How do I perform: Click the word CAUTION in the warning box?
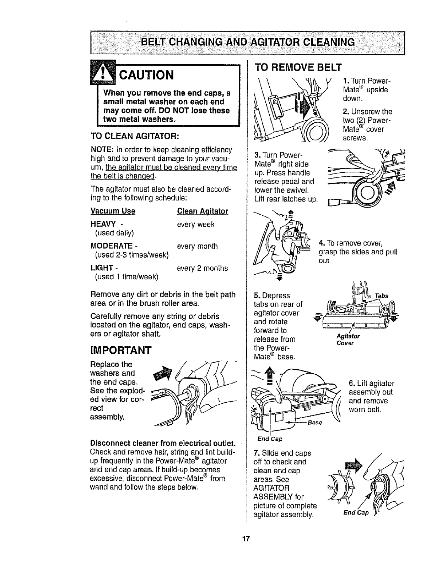(146, 75)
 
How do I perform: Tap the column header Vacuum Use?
(113, 211)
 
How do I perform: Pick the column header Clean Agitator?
(203, 211)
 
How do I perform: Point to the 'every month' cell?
(197, 246)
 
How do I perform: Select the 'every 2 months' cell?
(202, 268)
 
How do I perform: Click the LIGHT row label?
(101, 268)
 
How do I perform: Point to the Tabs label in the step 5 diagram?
(382, 296)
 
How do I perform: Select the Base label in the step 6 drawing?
(314, 423)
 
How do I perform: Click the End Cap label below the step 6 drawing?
(270, 439)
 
